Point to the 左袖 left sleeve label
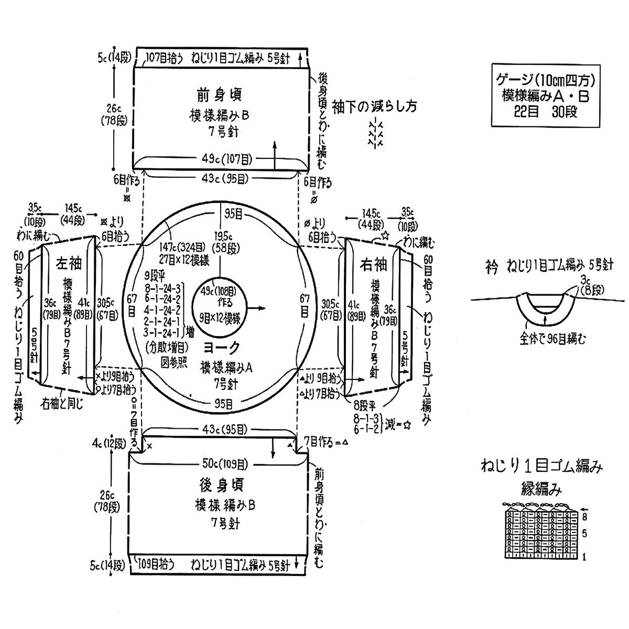click(x=67, y=264)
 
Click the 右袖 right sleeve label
click(x=374, y=264)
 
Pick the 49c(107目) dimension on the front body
click(x=220, y=158)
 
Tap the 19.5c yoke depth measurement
click(x=222, y=236)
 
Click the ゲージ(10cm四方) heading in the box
click(x=545, y=81)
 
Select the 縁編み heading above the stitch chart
click(x=542, y=490)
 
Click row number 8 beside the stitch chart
click(x=584, y=516)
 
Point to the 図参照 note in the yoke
click(x=173, y=365)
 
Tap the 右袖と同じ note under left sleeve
click(x=62, y=404)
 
